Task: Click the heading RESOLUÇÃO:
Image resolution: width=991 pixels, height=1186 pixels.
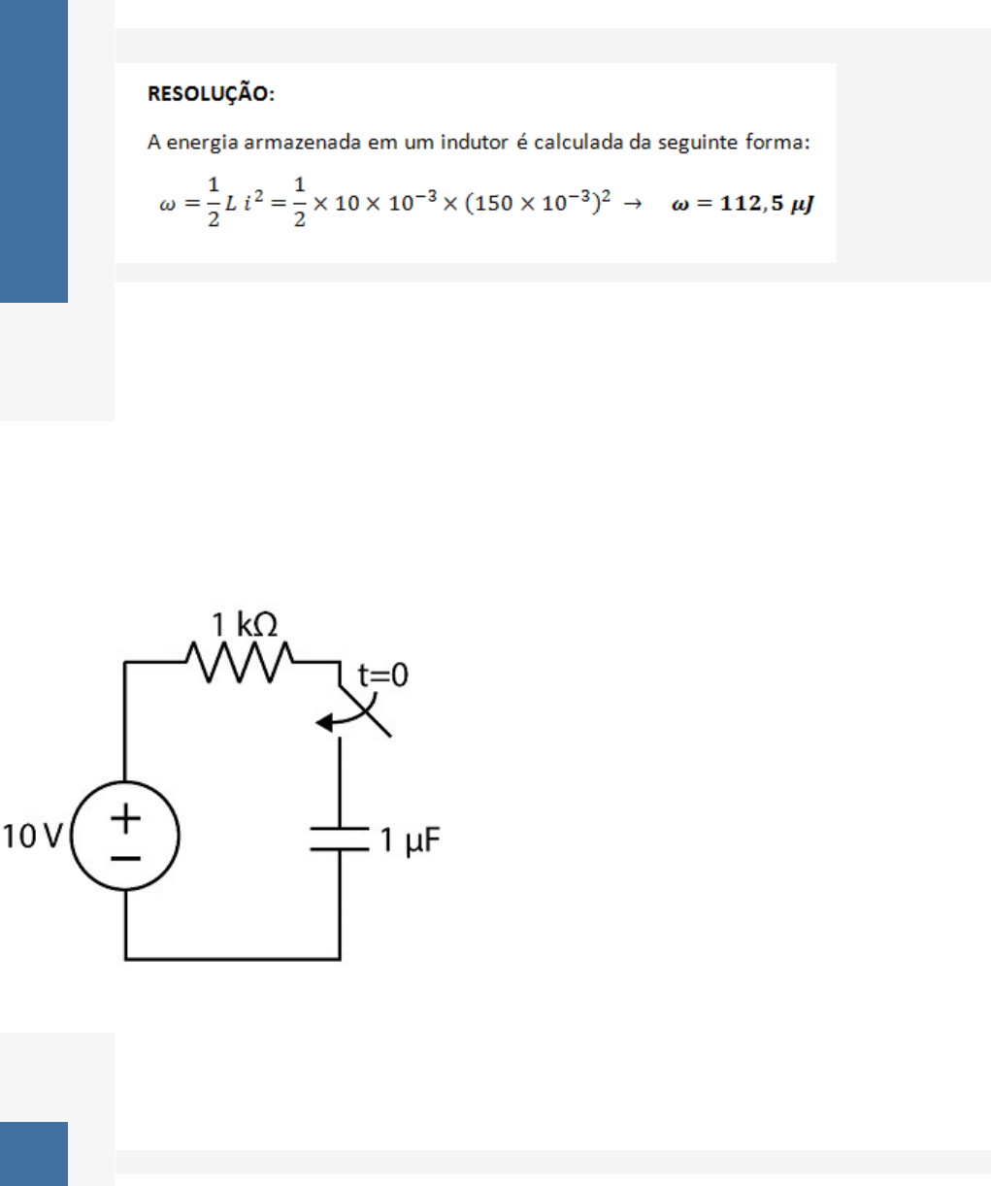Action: click(x=211, y=94)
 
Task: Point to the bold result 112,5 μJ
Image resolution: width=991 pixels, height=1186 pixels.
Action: click(x=767, y=204)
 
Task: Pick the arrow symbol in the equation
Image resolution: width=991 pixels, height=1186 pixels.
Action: click(x=632, y=204)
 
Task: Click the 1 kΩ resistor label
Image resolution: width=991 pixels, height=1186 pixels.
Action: click(x=245, y=625)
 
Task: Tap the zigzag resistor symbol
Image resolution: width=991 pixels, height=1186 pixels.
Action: click(x=239, y=662)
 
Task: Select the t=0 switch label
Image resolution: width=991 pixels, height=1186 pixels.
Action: click(x=383, y=675)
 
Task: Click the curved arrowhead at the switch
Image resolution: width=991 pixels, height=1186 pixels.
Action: click(x=324, y=723)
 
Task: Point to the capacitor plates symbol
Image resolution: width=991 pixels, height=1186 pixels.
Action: click(x=340, y=839)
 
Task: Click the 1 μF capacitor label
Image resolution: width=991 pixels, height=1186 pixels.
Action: click(x=410, y=840)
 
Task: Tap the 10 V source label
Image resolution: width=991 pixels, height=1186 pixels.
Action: click(x=32, y=837)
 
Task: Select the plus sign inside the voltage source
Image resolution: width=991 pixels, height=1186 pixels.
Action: click(x=125, y=818)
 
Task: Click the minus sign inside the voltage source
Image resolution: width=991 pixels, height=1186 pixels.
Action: click(x=125, y=858)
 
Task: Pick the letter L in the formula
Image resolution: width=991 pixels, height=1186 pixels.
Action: click(x=231, y=204)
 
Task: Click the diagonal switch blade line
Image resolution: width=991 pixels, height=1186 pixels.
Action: click(x=365, y=711)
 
